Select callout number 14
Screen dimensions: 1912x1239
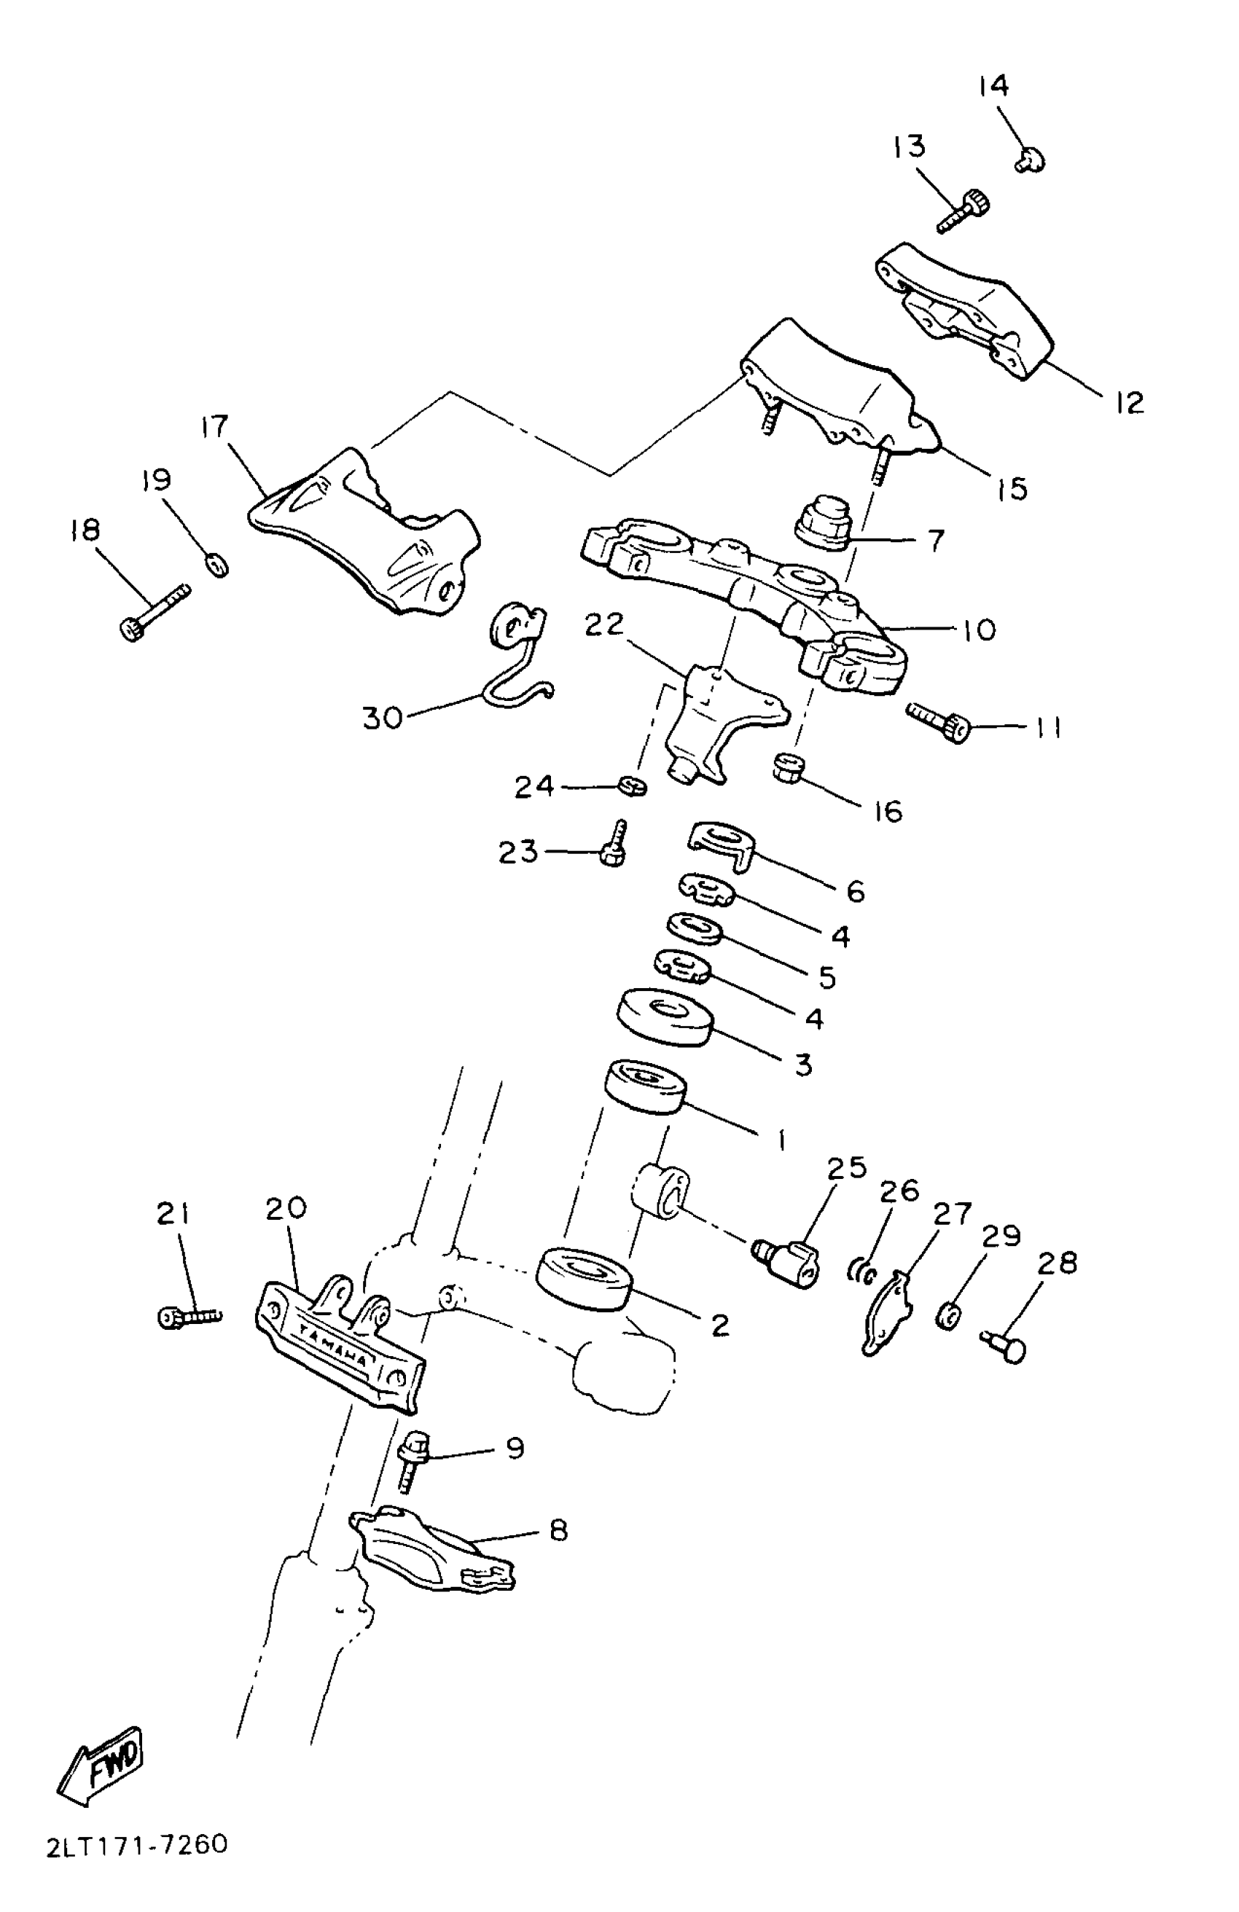click(x=993, y=86)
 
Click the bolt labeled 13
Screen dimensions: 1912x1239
click(x=964, y=211)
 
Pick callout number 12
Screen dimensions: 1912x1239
click(x=1129, y=402)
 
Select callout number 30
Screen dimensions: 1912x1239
click(x=383, y=718)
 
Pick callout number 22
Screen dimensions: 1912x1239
click(x=604, y=624)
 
